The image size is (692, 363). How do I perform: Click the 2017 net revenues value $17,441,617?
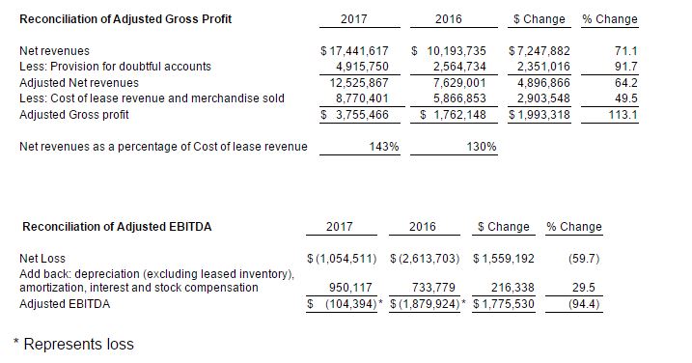tap(355, 51)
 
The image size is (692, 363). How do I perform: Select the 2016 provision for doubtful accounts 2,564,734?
tap(459, 67)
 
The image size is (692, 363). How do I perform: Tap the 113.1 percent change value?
tap(623, 115)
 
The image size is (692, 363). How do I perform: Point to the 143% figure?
tap(384, 147)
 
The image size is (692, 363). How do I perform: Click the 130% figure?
tap(482, 147)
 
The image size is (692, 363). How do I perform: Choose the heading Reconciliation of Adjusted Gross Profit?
tap(125, 19)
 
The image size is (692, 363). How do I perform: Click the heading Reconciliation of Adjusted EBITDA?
tap(117, 227)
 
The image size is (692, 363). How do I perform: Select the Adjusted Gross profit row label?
tap(74, 115)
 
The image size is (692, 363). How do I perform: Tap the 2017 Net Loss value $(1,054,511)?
tap(342, 259)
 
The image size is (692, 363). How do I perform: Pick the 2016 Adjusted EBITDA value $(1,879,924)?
tap(425, 304)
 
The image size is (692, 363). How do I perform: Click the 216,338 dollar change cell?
tap(512, 288)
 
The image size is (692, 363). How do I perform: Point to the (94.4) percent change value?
tap(584, 304)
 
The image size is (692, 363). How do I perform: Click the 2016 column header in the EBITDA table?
tap(423, 227)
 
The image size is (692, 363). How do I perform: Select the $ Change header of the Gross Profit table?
tap(540, 19)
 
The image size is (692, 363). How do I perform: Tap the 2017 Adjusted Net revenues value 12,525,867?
tap(359, 83)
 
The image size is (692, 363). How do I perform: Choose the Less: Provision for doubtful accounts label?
tap(115, 67)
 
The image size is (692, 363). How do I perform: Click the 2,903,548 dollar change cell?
tap(543, 98)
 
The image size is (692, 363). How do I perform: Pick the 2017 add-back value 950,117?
tap(350, 288)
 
